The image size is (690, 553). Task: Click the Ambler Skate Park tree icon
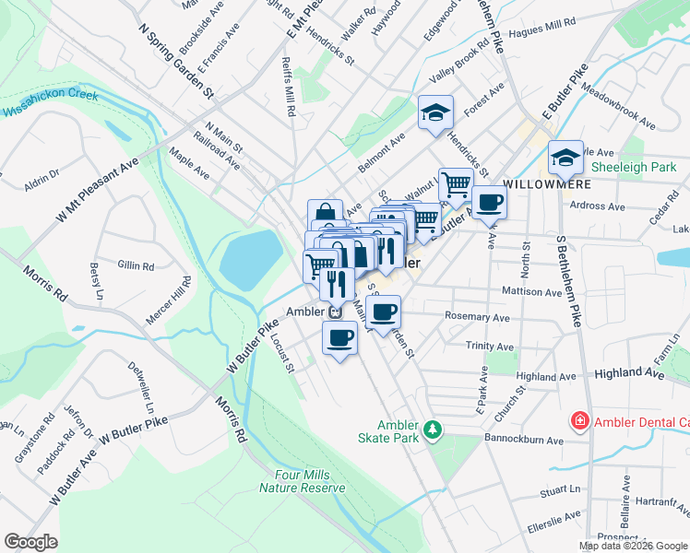[x=432, y=429]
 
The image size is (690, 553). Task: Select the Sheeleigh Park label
[x=634, y=166]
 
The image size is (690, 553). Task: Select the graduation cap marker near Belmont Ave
[x=435, y=114]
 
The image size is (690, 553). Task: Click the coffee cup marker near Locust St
[x=339, y=336]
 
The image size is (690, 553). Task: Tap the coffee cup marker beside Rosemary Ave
[x=383, y=312]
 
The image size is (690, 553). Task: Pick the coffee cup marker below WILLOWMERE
[x=489, y=203]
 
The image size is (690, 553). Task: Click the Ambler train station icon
[x=337, y=312]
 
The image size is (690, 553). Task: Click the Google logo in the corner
[x=30, y=542]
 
